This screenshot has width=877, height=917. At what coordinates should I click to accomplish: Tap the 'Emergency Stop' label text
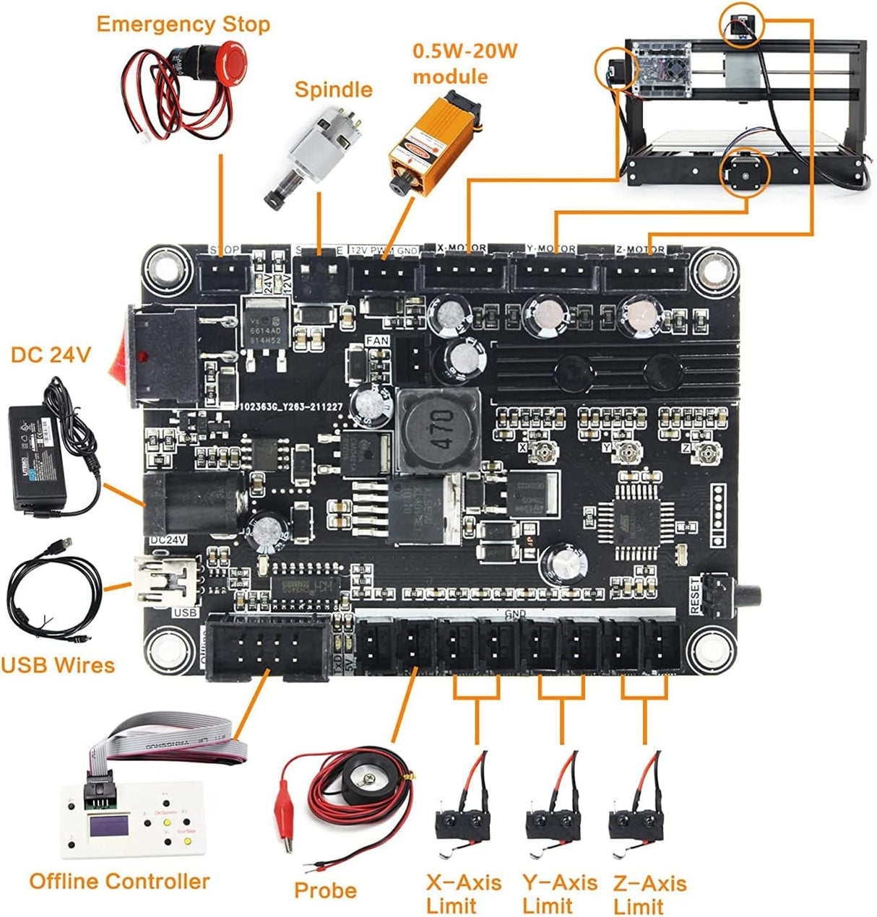pos(183,24)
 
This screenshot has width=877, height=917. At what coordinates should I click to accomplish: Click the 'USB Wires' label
pos(58,664)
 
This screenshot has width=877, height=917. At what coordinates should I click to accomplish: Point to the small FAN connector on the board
pos(411,359)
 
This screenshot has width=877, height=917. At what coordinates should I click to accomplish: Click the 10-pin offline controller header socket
pos(267,647)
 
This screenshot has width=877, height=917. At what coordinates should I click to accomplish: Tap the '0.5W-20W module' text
pos(465,64)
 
